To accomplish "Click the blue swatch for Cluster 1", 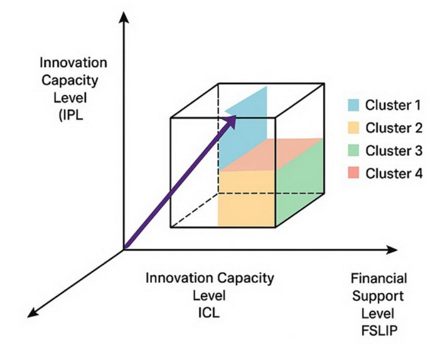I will (x=353, y=104).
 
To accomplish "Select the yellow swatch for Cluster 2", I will (x=353, y=128).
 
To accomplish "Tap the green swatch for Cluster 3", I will (x=353, y=150).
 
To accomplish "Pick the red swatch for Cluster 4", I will (x=353, y=173).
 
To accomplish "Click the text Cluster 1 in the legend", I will (x=394, y=105).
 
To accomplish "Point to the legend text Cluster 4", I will (x=394, y=173).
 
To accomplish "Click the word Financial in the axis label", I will (x=379, y=278).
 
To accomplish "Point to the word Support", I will (x=379, y=295).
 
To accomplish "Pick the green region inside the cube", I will (x=299, y=185).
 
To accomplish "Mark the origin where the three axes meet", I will (x=124, y=249).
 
